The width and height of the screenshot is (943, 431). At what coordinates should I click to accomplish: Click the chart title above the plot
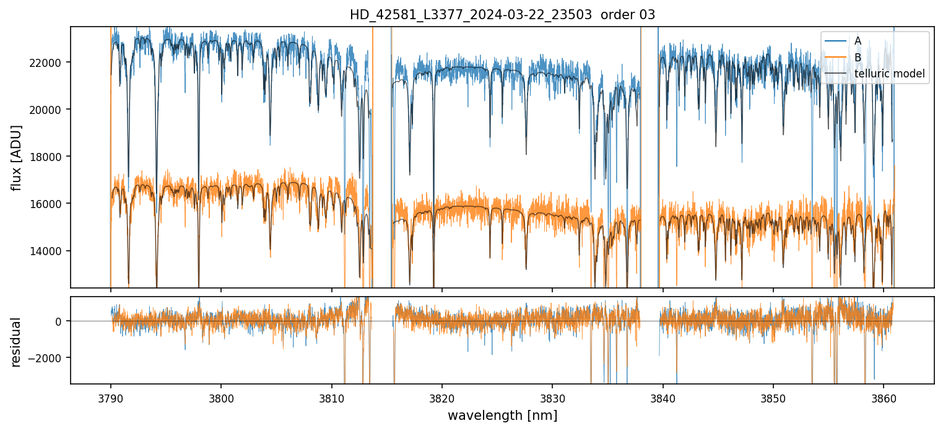[x=502, y=15]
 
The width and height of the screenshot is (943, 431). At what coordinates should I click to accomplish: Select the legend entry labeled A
[x=858, y=41]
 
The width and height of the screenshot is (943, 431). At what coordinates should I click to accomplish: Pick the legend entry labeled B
[x=858, y=58]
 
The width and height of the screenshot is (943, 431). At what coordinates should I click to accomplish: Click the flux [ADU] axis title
[x=17, y=157]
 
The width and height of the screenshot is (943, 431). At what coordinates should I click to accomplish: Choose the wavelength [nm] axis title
[x=502, y=415]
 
